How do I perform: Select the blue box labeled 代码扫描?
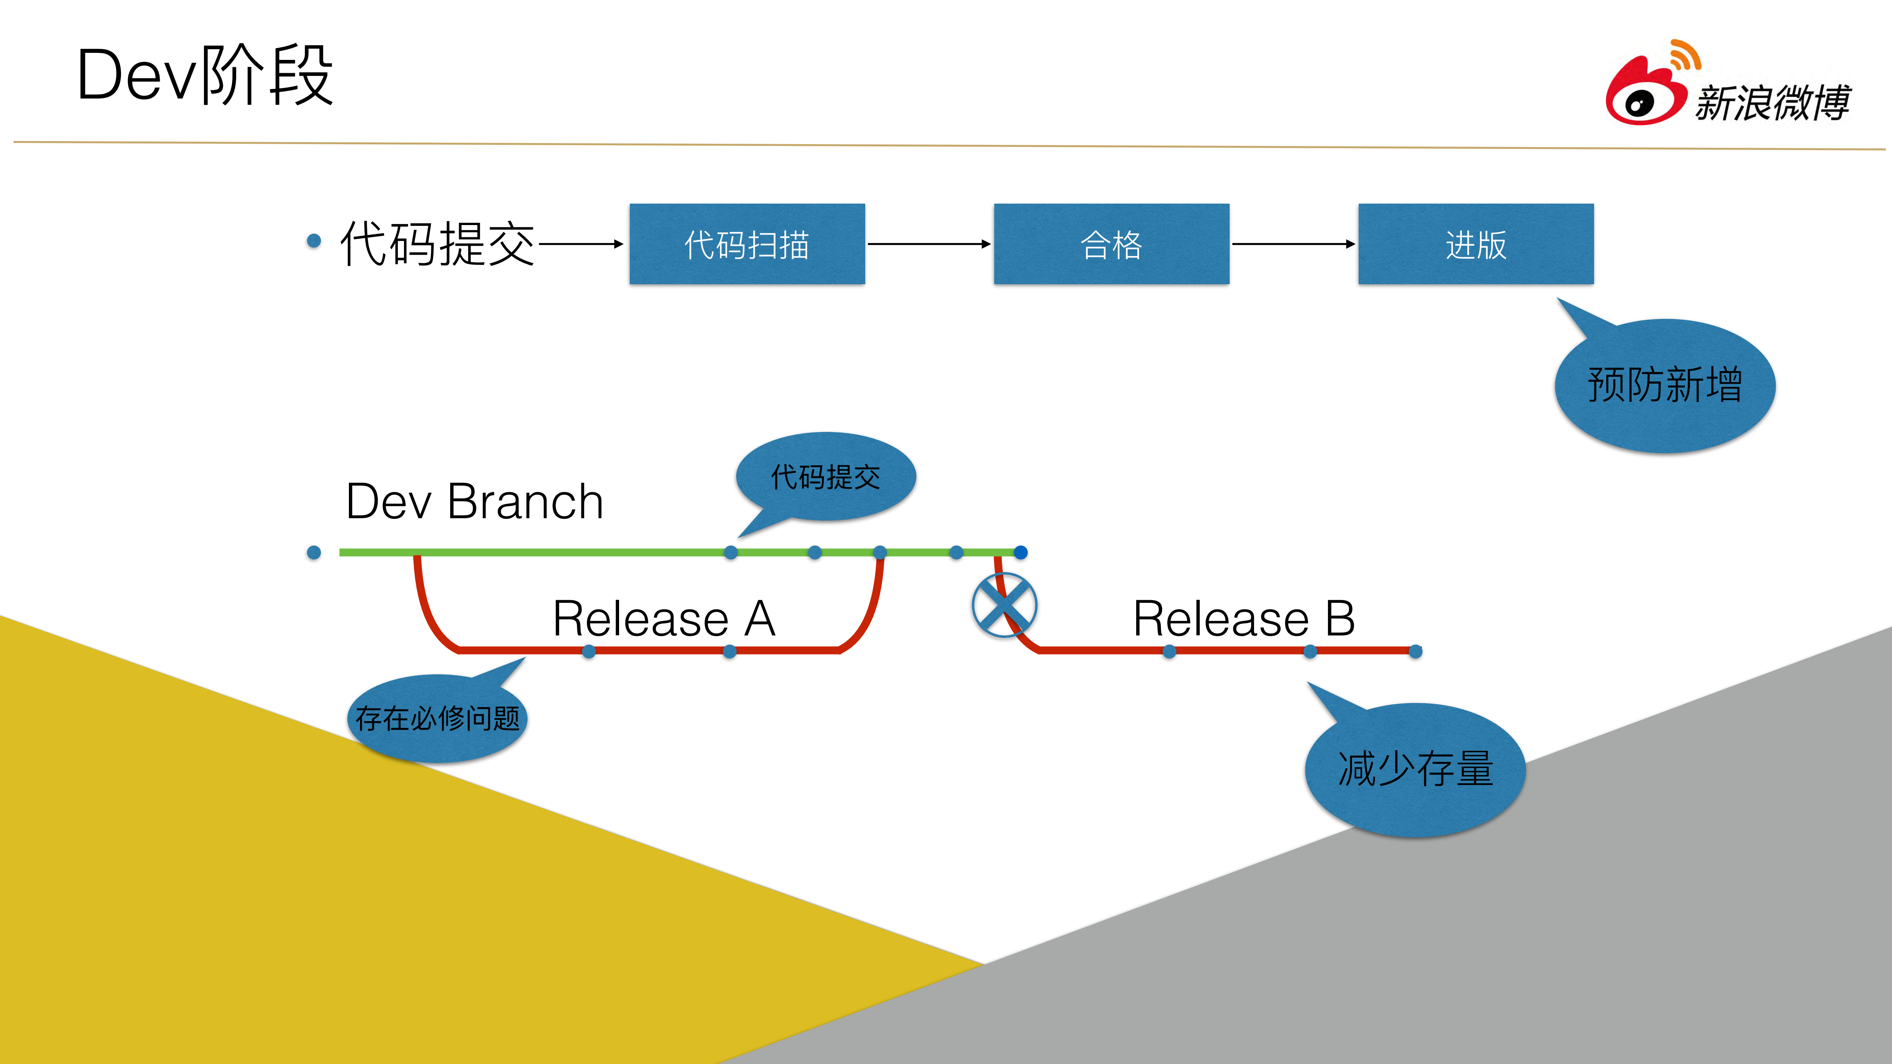tap(747, 244)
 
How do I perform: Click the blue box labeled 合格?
tap(1111, 244)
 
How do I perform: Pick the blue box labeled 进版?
tap(1475, 244)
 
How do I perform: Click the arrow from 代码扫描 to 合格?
tap(929, 244)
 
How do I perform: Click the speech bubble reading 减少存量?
tap(1415, 769)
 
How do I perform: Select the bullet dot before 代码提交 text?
tap(314, 241)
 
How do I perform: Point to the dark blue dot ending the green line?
tap(1021, 552)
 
